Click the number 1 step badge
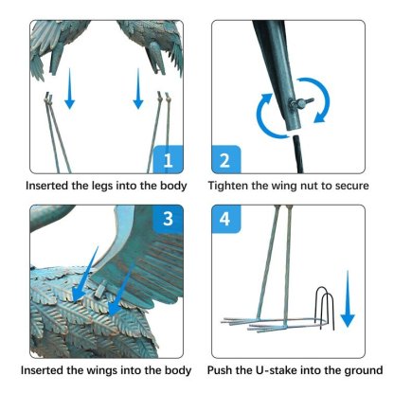(x=168, y=159)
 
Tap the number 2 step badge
(x=225, y=159)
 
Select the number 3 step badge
(x=168, y=219)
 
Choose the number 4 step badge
(x=225, y=219)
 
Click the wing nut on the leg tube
(x=301, y=102)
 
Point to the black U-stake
(x=325, y=308)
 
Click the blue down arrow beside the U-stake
(x=348, y=298)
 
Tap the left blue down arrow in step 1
(x=70, y=89)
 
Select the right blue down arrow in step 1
(x=138, y=89)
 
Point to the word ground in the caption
(x=364, y=370)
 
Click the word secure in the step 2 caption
(x=351, y=186)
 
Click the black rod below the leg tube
(x=298, y=154)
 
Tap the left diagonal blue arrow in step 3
(x=84, y=274)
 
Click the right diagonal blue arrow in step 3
(x=120, y=291)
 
